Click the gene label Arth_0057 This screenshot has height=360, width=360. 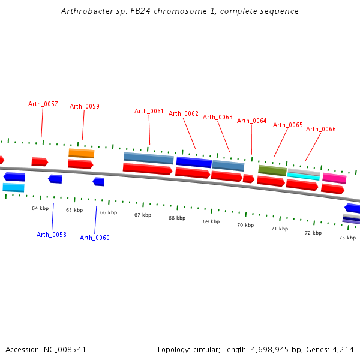(x=43, y=104)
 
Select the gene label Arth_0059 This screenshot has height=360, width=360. (x=85, y=106)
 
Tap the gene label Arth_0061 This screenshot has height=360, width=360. (x=149, y=111)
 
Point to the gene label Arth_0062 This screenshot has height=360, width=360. (x=183, y=113)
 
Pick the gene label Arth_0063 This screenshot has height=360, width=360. (x=217, y=117)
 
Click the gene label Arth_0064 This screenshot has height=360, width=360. (x=251, y=121)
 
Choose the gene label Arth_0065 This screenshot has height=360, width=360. (x=288, y=125)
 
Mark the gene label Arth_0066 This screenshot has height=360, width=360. (x=321, y=129)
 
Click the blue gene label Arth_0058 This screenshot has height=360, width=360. (x=52, y=235)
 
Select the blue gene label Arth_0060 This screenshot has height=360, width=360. (x=95, y=238)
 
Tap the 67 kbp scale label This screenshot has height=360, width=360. (x=143, y=215)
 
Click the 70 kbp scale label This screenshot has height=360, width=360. (x=245, y=225)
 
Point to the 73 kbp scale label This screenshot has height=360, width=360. (x=347, y=238)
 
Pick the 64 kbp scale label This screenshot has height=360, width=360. (x=40, y=208)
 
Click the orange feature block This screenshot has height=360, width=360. (x=81, y=153)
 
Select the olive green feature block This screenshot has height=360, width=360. (x=272, y=170)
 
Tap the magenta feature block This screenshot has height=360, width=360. (x=334, y=178)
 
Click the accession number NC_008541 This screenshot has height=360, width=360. (x=65, y=349)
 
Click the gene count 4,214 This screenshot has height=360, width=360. (x=343, y=349)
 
